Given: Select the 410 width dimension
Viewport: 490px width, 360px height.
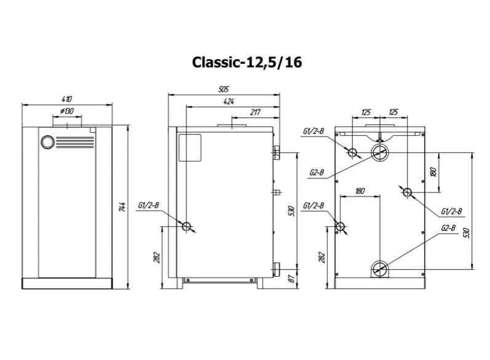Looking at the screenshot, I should pyautogui.click(x=67, y=99).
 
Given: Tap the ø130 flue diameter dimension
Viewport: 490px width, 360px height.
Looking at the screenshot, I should pyautogui.click(x=67, y=111).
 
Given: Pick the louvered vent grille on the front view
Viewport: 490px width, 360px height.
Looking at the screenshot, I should pyautogui.click(x=75, y=142).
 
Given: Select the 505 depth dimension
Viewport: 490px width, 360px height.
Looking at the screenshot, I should pyautogui.click(x=224, y=89).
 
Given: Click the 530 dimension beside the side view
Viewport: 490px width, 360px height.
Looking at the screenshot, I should pyautogui.click(x=293, y=210).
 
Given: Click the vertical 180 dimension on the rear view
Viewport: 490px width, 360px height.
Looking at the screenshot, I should pyautogui.click(x=432, y=172).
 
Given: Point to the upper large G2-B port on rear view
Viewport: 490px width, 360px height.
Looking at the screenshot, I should pyautogui.click(x=380, y=151).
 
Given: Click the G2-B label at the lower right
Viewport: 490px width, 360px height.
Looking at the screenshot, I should pyautogui.click(x=448, y=229).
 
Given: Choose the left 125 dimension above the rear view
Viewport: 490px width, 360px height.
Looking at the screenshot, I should pyautogui.click(x=366, y=112).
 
